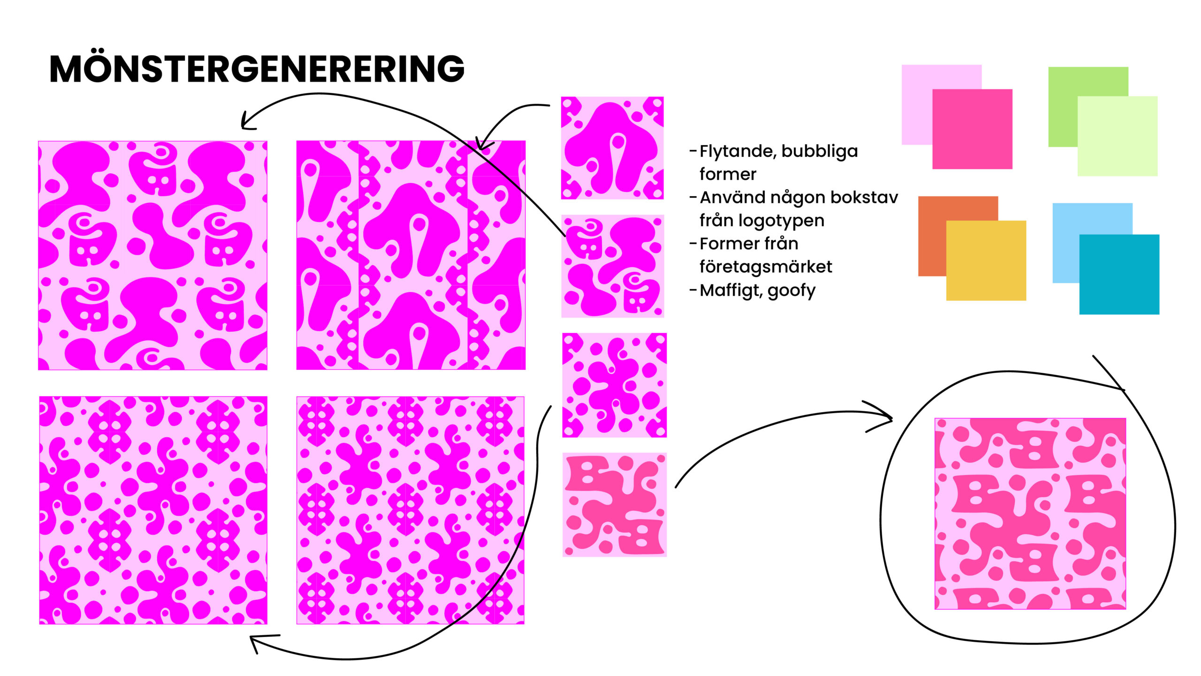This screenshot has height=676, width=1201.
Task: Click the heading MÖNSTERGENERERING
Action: click(257, 69)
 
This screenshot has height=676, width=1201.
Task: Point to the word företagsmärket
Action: click(766, 267)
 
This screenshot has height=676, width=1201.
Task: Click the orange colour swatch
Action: click(932, 235)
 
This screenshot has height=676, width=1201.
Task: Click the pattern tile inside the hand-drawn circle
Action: click(1030, 514)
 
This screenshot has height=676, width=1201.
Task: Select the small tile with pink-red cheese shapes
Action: click(614, 505)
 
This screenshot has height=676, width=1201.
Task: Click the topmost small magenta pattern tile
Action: click(612, 148)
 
